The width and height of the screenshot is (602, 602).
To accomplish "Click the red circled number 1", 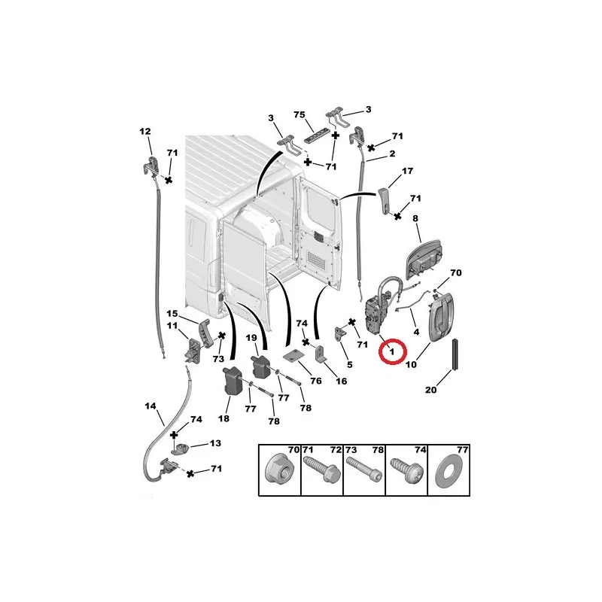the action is point(392,351).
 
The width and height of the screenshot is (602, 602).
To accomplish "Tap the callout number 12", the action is point(145,131).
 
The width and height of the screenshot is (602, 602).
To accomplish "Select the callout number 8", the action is point(415,218).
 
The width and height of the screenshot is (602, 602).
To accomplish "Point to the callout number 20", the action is point(430,390).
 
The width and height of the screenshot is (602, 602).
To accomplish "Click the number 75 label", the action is point(299,114).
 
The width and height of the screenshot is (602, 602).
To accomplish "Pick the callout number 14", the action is point(150,406).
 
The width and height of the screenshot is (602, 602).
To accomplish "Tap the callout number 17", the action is point(407,171).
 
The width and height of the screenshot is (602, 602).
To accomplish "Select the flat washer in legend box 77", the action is point(448,471).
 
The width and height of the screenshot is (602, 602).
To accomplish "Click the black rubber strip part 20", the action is point(455,354).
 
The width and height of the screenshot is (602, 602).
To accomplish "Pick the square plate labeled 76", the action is point(293,356).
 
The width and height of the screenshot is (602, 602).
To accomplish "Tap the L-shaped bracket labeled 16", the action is point(321,354).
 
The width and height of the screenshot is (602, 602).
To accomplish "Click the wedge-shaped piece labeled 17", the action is point(385,199).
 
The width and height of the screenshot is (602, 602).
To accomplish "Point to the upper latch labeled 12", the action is point(151,165).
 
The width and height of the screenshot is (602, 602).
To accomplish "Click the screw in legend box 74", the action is point(406,470).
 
